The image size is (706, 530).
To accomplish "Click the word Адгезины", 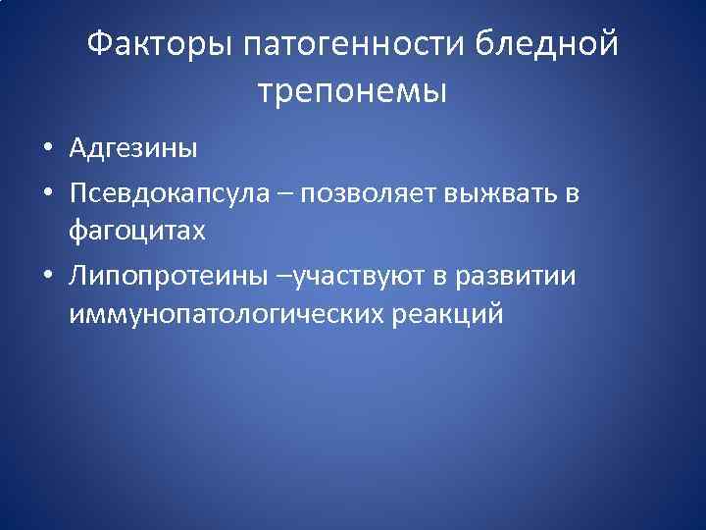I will click(x=133, y=148).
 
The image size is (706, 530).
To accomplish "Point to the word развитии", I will click(x=520, y=277).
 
